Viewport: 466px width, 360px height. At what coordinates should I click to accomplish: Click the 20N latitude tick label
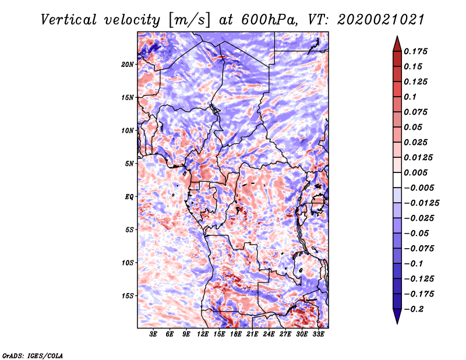pyautogui.click(x=128, y=64)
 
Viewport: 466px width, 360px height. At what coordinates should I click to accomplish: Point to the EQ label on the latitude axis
pyautogui.click(x=129, y=197)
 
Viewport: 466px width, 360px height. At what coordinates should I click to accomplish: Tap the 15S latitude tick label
pyautogui.click(x=128, y=296)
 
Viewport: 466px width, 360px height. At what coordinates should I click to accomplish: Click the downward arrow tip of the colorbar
pyautogui.click(x=396, y=322)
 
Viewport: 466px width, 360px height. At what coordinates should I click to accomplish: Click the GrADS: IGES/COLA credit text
pyautogui.click(x=32, y=355)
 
